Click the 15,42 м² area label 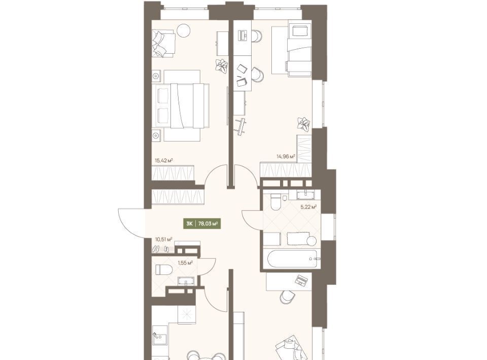[x=164, y=160]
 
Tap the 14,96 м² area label [x=286, y=156]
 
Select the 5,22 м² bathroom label [x=308, y=207]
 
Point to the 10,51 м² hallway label [x=164, y=239]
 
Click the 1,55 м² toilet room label [x=185, y=263]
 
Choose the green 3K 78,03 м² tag [x=202, y=223]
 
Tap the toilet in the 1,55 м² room [x=163, y=269]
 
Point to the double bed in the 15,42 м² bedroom [x=182, y=105]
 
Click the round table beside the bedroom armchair [x=183, y=30]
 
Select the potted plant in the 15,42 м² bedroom [x=221, y=66]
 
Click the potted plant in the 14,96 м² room [x=303, y=123]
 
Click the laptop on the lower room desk [x=301, y=280]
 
